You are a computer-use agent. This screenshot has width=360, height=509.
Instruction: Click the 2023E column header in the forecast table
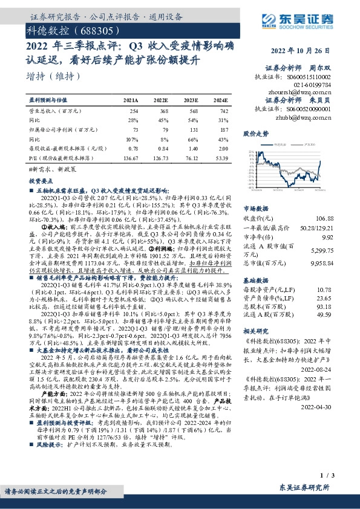click(x=191, y=101)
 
